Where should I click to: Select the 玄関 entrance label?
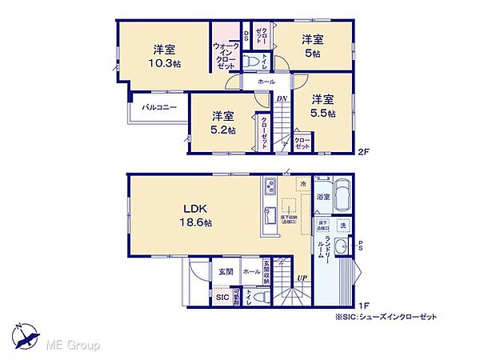(224, 270)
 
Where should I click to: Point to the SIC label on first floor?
(222, 298)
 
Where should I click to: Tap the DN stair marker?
(282, 99)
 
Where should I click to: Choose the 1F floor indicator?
(364, 305)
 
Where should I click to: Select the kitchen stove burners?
(268, 190)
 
